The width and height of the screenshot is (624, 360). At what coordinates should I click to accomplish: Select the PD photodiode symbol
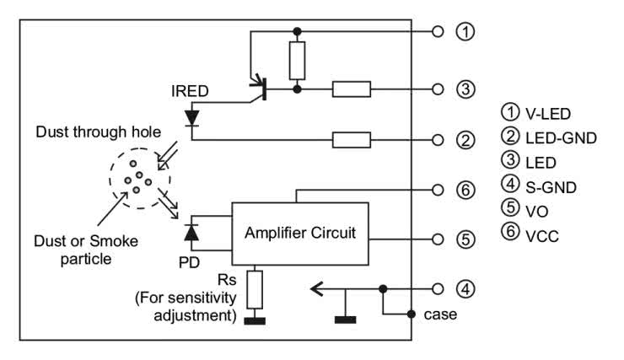(x=192, y=230)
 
